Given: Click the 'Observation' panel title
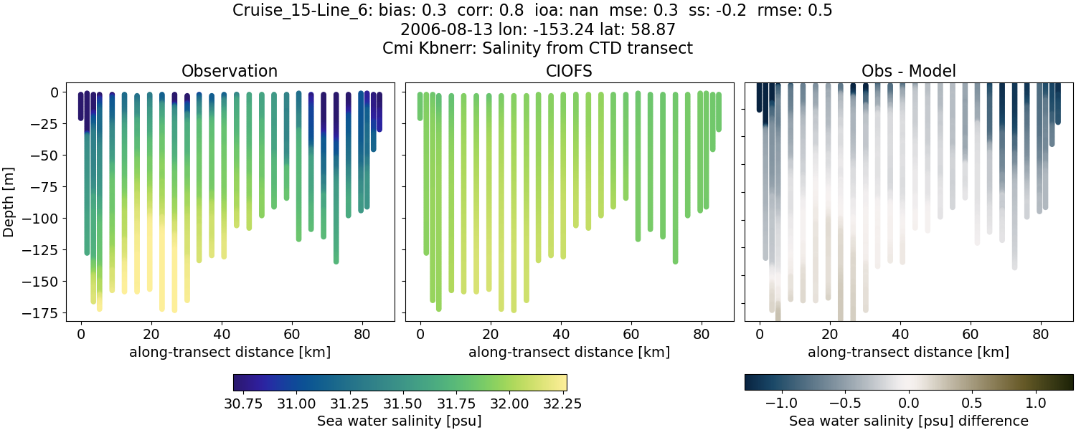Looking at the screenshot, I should pos(230,71).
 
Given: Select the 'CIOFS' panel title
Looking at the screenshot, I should pos(569,71).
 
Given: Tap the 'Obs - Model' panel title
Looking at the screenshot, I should pos(908,71).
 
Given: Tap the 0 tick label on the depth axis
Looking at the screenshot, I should pos(55,92).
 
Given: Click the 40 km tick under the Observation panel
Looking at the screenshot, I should pos(221,334).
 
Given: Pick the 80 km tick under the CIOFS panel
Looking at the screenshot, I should pos(701,334).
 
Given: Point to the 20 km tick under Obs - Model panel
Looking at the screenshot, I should pos(830,334).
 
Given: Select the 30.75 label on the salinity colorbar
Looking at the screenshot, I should pos(242,403).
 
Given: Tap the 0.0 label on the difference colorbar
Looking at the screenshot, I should pos(909,403).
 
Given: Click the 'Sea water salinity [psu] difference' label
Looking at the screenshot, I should pos(908,421).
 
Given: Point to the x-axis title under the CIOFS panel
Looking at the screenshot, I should pos(569,352).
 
